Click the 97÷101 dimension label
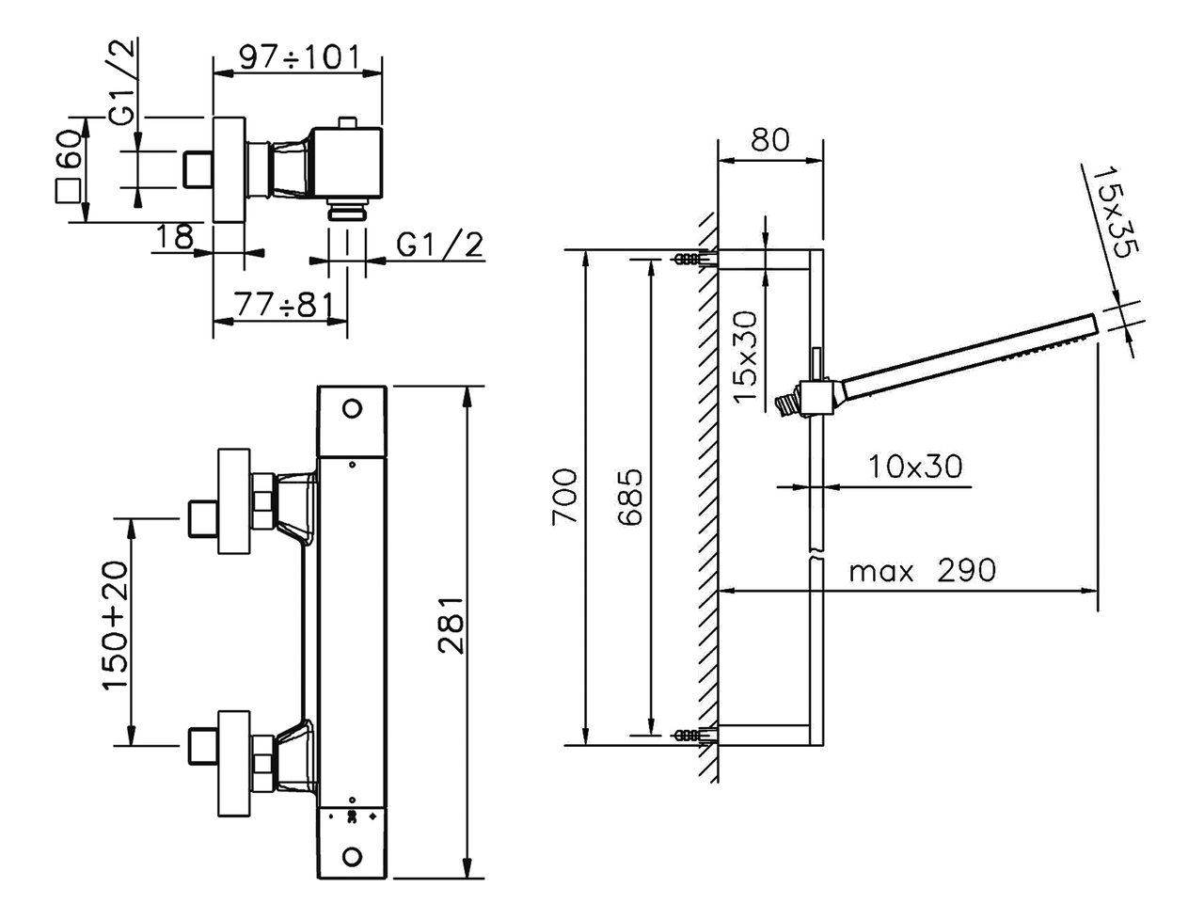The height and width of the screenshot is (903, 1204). tap(298, 56)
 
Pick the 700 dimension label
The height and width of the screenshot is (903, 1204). tap(566, 498)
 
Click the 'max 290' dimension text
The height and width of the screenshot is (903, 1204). tap(921, 570)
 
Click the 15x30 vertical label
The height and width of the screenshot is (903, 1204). tap(745, 356)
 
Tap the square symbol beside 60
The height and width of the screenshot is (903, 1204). tap(68, 190)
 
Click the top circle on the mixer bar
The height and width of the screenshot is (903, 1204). tap(353, 408)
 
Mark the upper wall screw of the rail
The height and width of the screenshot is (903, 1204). tap(689, 259)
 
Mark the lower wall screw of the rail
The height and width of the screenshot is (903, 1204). tap(689, 734)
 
